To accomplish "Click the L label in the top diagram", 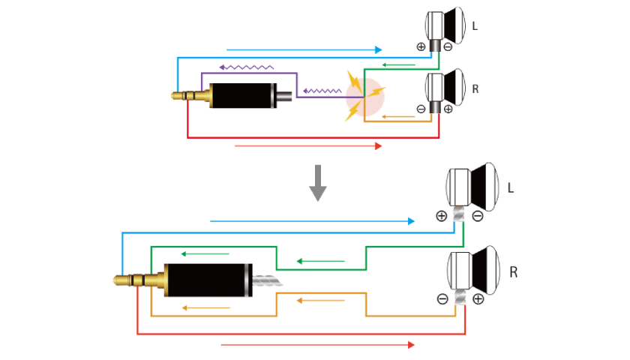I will (475, 26).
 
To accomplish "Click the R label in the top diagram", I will (475, 88).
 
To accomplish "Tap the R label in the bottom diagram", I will (513, 271).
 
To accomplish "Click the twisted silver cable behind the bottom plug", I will (265, 282).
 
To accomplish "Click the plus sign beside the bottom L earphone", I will (441, 216).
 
